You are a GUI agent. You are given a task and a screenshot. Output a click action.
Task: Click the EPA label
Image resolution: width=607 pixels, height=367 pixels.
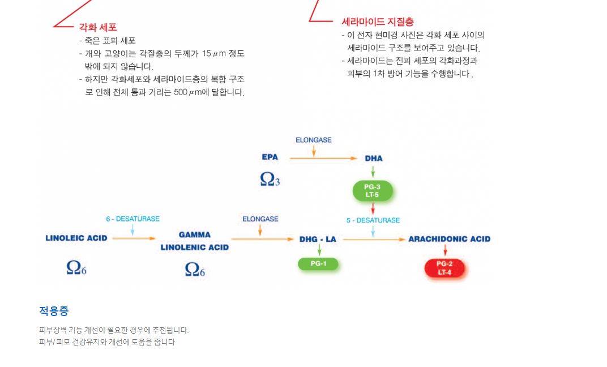coord(270,157)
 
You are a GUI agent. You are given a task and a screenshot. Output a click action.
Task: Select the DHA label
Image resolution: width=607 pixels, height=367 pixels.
coord(374,159)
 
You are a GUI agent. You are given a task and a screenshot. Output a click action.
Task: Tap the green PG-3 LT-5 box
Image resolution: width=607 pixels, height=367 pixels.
coord(373,191)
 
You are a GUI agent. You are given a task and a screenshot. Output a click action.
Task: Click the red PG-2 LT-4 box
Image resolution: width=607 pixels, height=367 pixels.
coord(444,268)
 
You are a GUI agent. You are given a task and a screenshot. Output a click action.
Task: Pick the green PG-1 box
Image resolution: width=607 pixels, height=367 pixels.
coord(318,263)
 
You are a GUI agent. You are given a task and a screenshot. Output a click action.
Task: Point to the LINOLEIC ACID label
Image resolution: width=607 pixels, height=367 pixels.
coord(76,238)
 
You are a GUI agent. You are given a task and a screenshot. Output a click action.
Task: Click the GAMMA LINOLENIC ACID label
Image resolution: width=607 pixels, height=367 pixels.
coord(195,241)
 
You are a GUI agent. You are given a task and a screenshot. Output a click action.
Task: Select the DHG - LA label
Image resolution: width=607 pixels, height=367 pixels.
coord(318,239)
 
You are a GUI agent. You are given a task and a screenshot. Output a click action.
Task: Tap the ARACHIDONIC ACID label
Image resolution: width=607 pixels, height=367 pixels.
coord(450,239)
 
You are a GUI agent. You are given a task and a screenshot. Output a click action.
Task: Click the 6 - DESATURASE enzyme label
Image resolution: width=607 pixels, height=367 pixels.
coord(132,219)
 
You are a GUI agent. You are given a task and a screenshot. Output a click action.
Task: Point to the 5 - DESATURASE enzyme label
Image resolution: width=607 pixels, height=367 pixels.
coord(373,220)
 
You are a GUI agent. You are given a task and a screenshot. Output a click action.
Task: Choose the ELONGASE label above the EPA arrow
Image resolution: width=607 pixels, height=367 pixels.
coord(314,140)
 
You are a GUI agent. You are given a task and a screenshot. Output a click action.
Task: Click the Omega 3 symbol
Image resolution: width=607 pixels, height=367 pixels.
coord(270,179)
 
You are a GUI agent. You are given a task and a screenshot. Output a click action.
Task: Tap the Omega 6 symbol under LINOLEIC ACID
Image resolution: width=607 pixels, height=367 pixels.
coord(76,267)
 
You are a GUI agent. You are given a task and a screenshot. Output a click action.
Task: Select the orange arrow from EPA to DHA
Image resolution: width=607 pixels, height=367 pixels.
coord(323,158)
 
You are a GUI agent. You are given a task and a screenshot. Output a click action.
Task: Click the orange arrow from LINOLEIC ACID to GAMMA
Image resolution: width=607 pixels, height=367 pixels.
coord(134,238)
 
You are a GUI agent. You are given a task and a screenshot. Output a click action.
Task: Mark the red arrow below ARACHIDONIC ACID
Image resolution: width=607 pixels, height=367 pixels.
coord(445,250)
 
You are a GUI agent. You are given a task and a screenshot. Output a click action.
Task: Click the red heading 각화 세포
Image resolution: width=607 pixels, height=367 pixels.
coord(98,27)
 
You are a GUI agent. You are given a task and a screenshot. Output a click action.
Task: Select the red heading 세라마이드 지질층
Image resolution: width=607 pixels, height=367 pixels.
coord(378,22)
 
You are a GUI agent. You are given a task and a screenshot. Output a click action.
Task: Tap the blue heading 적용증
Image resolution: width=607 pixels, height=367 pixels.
coord(54,311)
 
